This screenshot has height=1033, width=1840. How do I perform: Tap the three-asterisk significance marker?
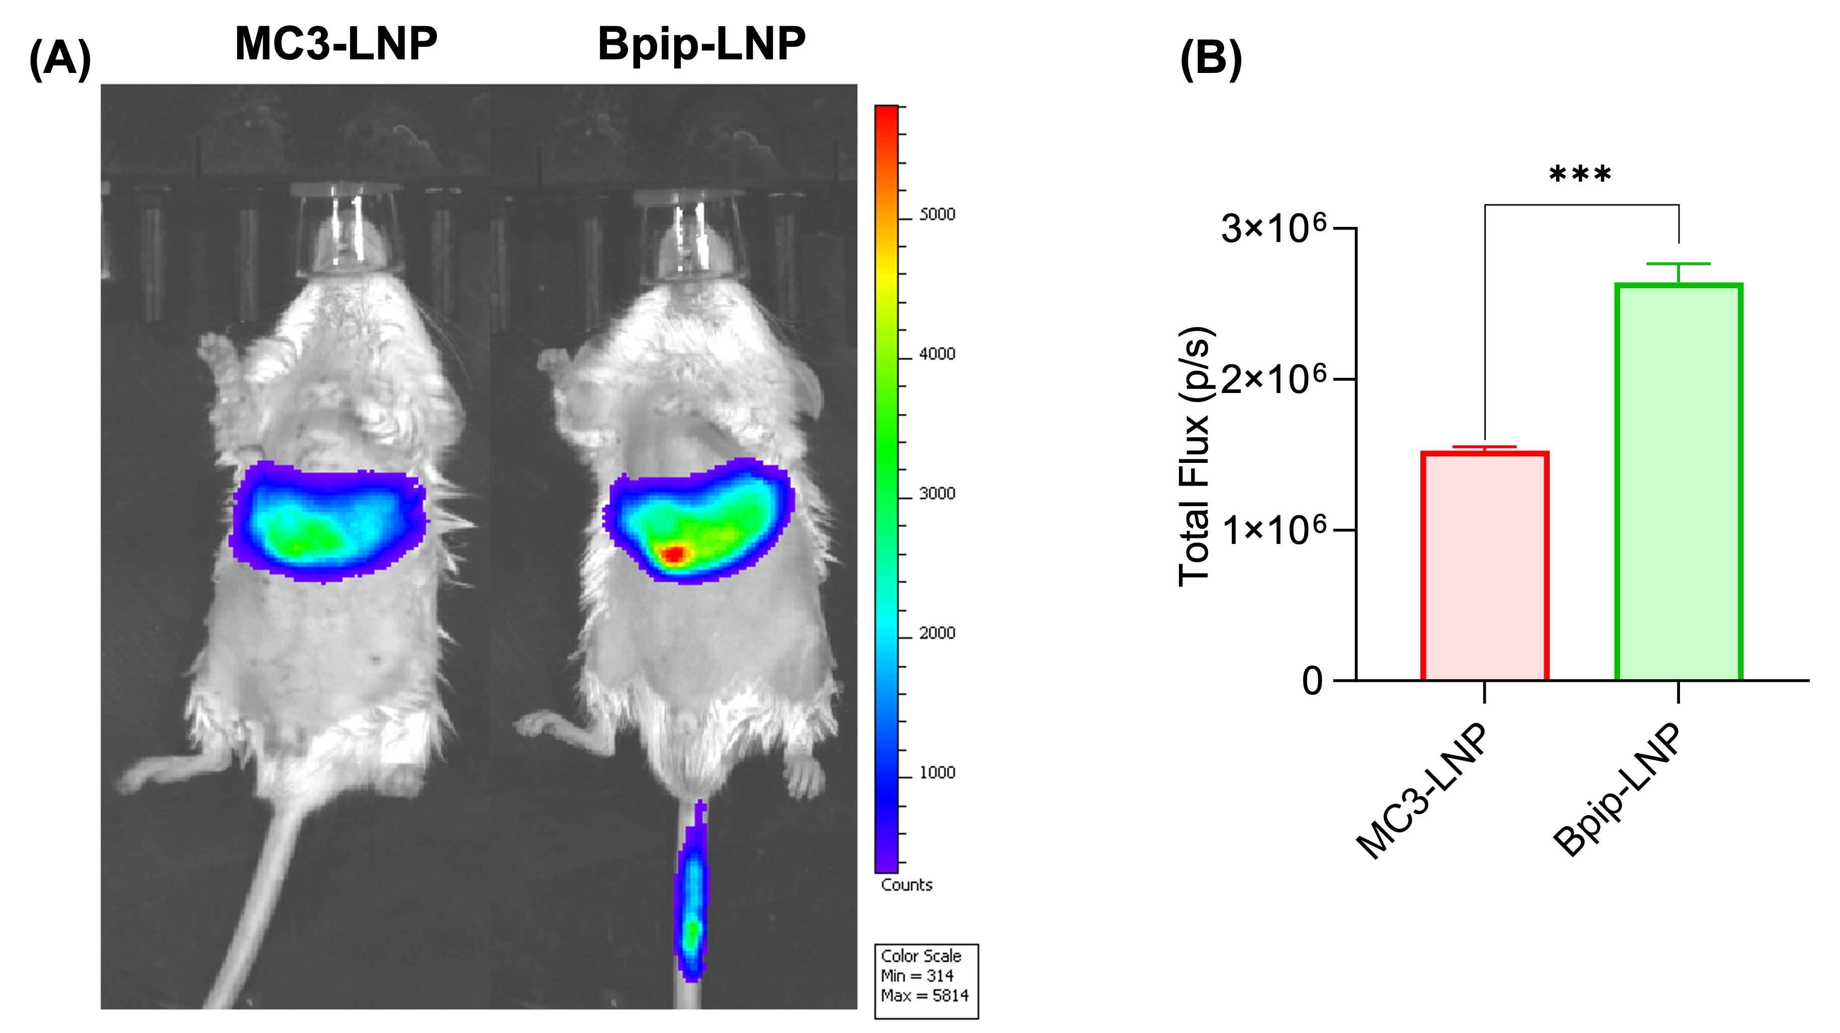point(1580,175)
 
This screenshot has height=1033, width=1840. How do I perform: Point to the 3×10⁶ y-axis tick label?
point(1273,228)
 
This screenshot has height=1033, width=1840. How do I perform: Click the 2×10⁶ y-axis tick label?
point(1273,379)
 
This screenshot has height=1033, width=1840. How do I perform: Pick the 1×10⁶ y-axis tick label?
point(1273,530)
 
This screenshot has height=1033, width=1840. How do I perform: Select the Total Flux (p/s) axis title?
point(1194,457)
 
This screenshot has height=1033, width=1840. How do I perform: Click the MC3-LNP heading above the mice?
point(336,44)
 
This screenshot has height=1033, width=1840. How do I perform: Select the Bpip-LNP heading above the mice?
point(701,44)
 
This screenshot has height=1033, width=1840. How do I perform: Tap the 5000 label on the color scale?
point(936,215)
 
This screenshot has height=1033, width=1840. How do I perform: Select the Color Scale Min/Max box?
point(926,981)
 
